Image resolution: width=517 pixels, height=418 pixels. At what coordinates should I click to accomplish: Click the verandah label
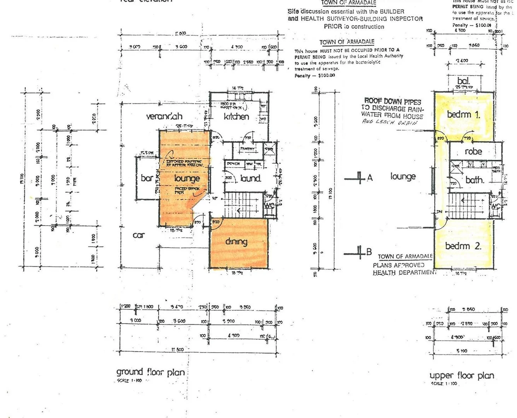pyautogui.click(x=164, y=116)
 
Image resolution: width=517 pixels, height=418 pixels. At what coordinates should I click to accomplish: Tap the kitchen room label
pyautogui.click(x=236, y=116)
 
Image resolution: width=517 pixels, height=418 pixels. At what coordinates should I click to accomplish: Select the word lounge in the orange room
pyautogui.click(x=187, y=178)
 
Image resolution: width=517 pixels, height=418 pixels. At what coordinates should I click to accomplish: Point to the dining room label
pyautogui.click(x=236, y=242)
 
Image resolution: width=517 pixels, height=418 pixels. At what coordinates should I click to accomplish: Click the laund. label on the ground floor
pyautogui.click(x=251, y=178)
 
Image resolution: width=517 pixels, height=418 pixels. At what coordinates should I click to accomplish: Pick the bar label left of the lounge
pyautogui.click(x=147, y=178)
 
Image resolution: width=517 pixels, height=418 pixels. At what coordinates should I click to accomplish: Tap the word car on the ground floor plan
pyautogui.click(x=139, y=235)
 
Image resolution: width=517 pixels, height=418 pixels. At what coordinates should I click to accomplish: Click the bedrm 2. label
pyautogui.click(x=463, y=246)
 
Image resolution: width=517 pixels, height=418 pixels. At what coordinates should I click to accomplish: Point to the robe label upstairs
pyautogui.click(x=474, y=152)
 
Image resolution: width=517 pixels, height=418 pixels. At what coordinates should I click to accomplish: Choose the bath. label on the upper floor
pyautogui.click(x=474, y=180)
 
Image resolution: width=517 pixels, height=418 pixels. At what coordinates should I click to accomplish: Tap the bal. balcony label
pyautogui.click(x=464, y=81)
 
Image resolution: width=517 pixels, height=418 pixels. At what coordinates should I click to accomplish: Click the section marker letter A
pyautogui.click(x=370, y=178)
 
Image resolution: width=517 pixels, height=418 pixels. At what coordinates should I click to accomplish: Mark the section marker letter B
pyautogui.click(x=369, y=252)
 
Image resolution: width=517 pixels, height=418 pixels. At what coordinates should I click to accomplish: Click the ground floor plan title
pyautogui.click(x=150, y=372)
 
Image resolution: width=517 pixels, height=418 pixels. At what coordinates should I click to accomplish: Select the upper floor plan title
pyautogui.click(x=462, y=375)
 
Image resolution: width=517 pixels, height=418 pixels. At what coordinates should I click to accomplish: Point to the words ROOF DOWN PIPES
pyautogui.click(x=392, y=101)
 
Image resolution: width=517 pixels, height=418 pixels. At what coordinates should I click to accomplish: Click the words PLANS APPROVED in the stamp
pyautogui.click(x=398, y=266)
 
